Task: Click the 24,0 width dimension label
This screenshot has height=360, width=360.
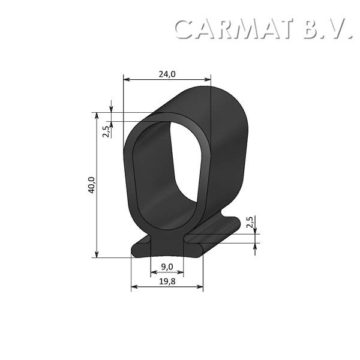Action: coord(167,74)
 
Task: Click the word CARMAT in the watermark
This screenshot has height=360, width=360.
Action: coord(235,29)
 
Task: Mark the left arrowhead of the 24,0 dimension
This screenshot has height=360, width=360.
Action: coord(126,79)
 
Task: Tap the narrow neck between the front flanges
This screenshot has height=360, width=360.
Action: coord(167,243)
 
